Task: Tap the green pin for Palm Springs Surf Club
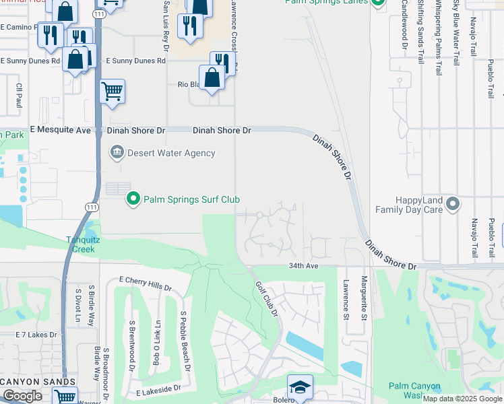click(133, 199)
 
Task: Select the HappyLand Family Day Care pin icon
click(453, 203)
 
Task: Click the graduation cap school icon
click(300, 387)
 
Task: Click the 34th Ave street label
click(303, 266)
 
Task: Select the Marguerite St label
click(364, 298)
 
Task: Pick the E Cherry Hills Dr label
click(145, 283)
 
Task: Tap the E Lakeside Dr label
click(158, 389)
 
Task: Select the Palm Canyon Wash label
click(415, 391)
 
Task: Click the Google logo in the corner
click(22, 396)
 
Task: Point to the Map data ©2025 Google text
click(462, 399)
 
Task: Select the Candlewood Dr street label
click(405, 27)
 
